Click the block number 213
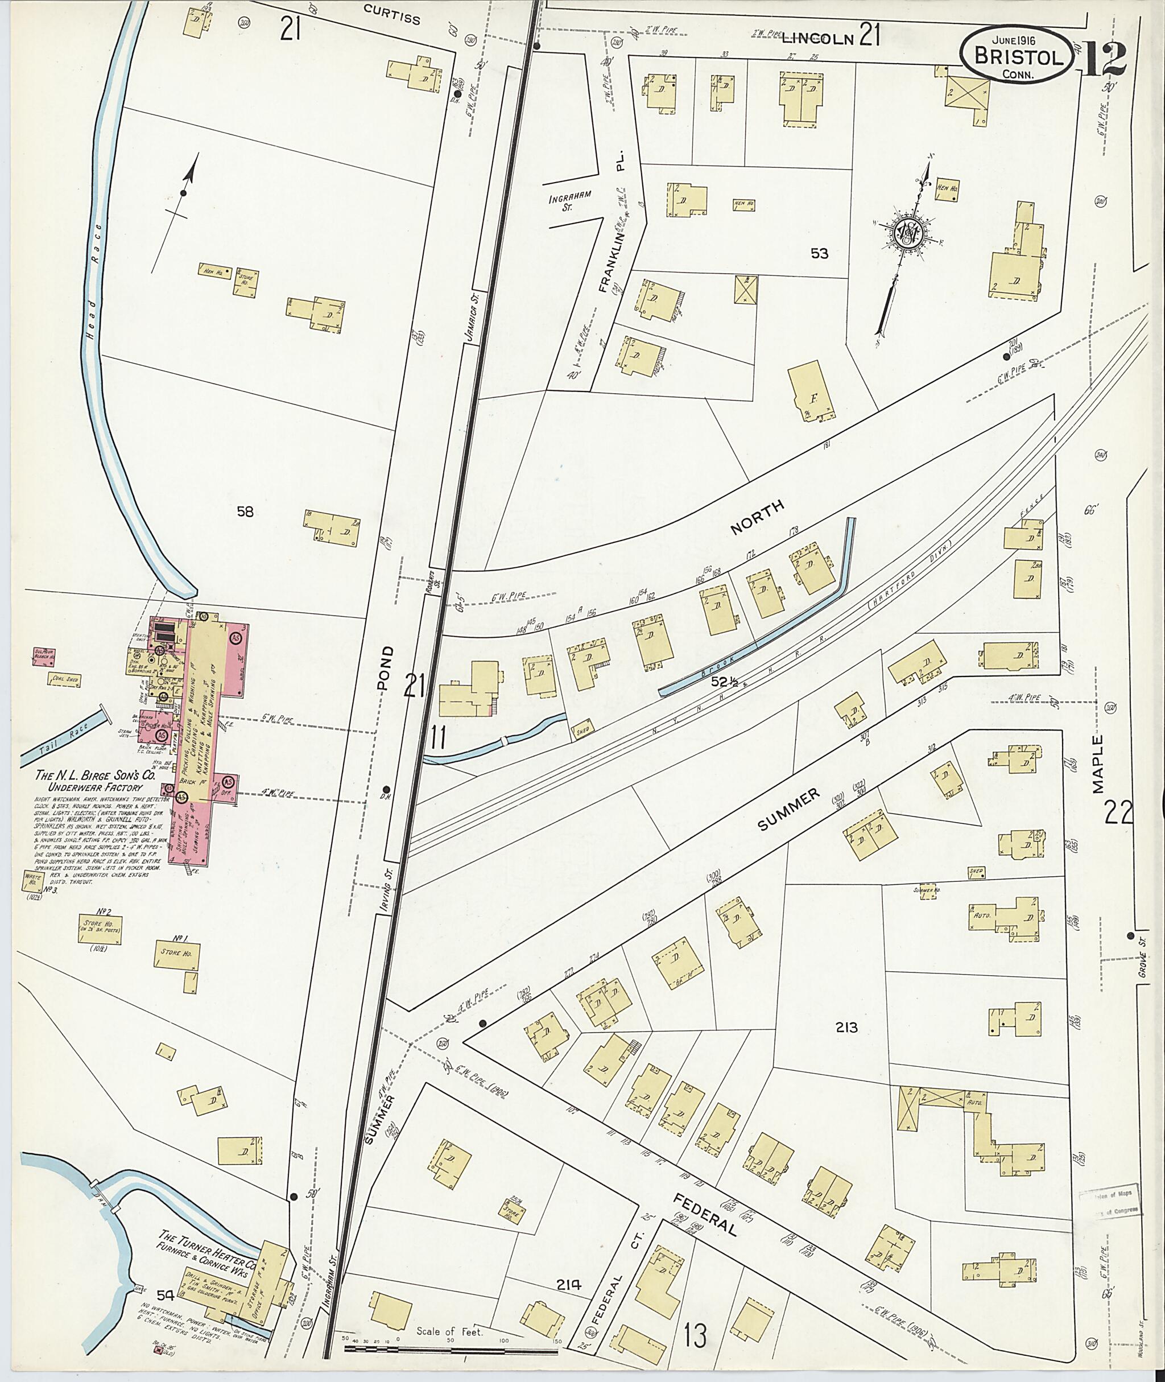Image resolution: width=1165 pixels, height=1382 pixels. point(846,1027)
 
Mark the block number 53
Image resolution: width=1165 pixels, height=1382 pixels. point(819,253)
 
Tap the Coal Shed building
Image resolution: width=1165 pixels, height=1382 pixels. point(64,678)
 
